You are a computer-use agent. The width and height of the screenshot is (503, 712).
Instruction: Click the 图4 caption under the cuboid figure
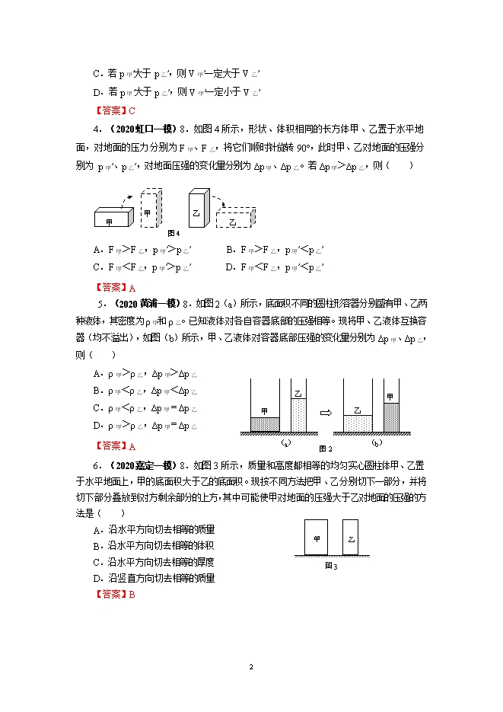(x=174, y=233)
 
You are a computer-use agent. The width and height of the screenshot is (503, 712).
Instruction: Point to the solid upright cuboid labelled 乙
(x=198, y=207)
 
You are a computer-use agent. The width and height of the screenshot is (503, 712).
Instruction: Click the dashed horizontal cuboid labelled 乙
(x=234, y=220)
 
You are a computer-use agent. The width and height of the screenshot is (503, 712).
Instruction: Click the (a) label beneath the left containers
(x=284, y=442)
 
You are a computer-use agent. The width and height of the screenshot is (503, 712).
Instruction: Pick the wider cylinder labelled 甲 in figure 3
(x=316, y=538)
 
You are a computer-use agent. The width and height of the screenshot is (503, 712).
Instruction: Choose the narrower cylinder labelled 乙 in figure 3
(x=350, y=538)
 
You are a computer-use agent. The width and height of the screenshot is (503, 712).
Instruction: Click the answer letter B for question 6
(x=132, y=595)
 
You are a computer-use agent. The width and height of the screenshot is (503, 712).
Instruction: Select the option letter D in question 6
(x=97, y=578)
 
